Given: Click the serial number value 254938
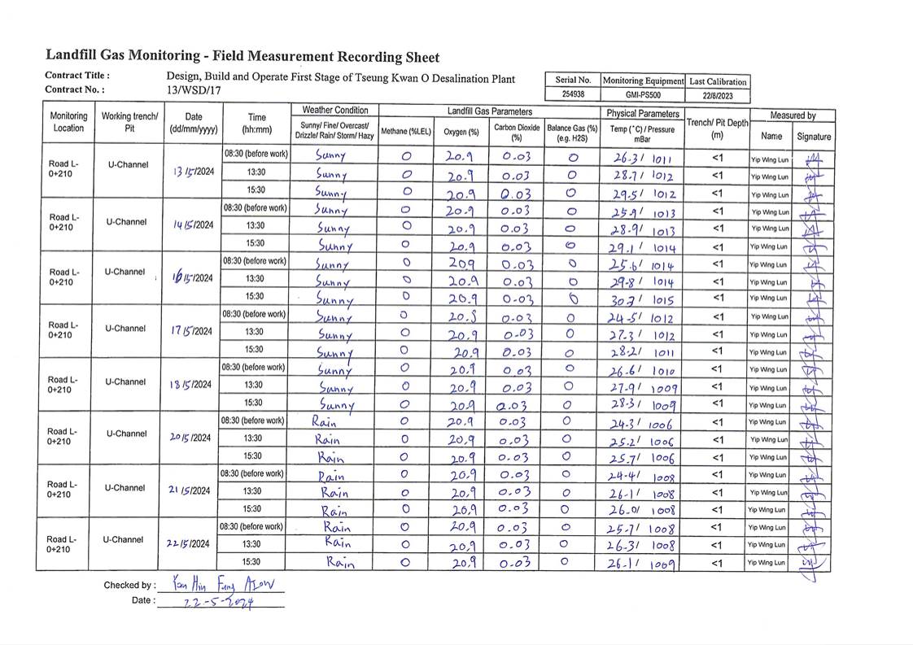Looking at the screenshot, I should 573,94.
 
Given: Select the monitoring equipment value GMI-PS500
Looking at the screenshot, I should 642,94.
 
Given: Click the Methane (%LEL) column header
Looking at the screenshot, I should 406,131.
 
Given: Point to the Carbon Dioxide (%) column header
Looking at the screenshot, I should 516,132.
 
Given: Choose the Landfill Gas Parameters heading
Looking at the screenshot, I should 489,111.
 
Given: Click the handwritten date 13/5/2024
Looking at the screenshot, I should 193,172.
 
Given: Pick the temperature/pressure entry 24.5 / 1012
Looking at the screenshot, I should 643,317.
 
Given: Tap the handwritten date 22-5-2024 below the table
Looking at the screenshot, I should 217,602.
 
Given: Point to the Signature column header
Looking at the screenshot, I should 814,137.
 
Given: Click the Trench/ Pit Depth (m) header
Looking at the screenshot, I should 716,129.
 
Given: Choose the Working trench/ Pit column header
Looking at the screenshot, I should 129,122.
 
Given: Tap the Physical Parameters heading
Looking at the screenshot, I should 642,113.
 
